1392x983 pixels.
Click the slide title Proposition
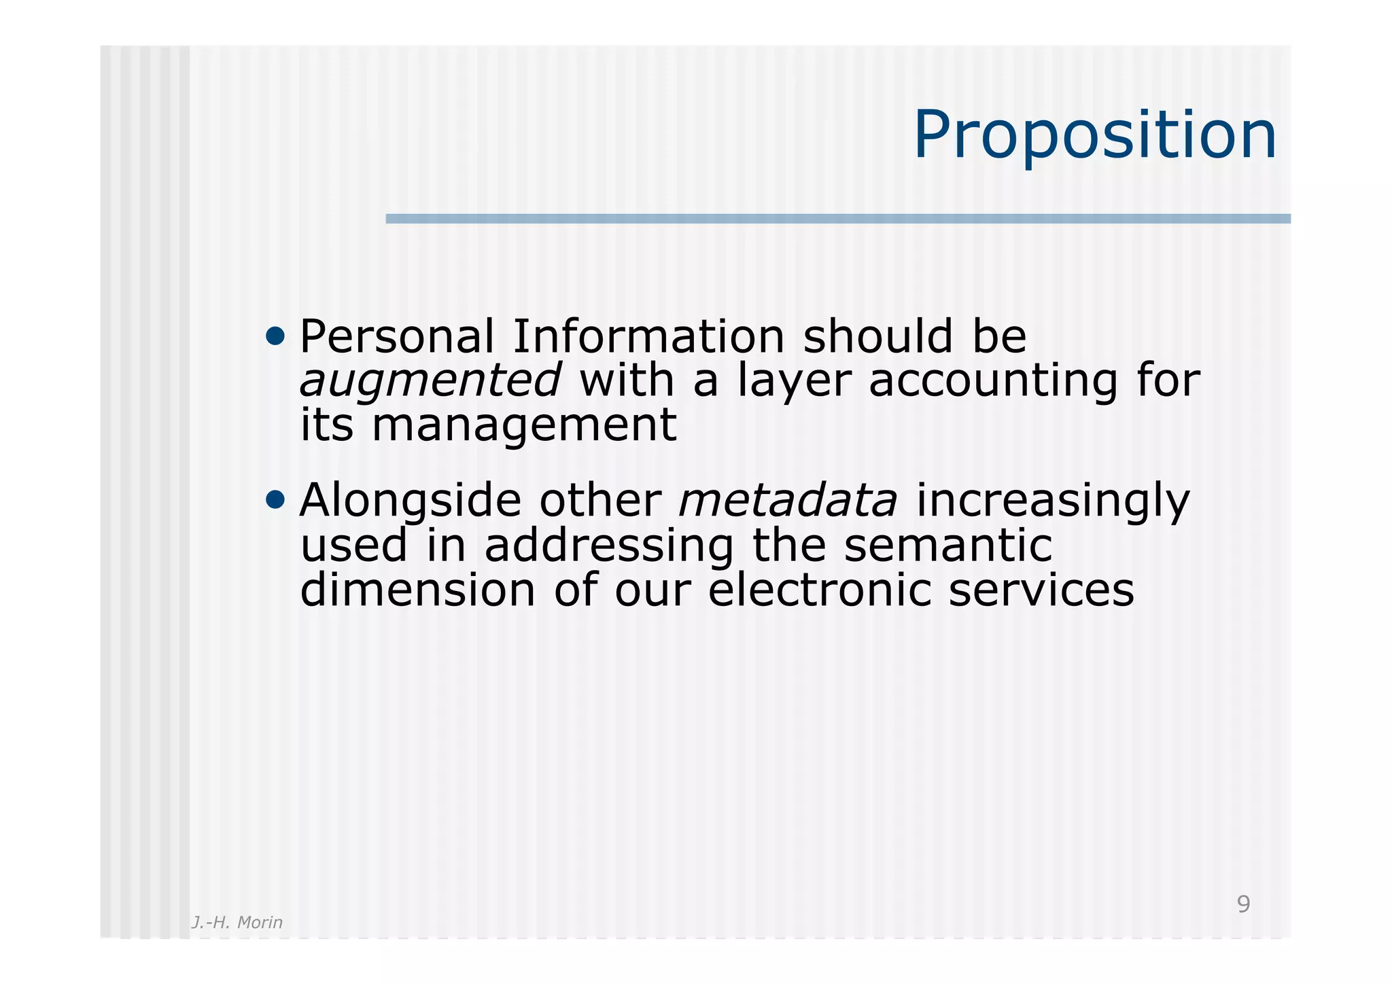(x=1094, y=136)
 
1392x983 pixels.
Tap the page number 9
(x=1243, y=904)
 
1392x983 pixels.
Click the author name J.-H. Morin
(x=237, y=923)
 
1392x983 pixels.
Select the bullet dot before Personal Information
(x=275, y=336)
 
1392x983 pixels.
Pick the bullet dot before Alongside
(x=275, y=500)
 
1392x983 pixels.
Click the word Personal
(x=397, y=337)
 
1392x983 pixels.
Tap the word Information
(x=648, y=337)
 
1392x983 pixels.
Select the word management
(x=524, y=427)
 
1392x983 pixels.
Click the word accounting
(x=993, y=382)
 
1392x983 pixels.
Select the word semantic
(x=948, y=546)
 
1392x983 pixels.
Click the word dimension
(x=417, y=590)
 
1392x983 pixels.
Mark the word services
(x=1041, y=590)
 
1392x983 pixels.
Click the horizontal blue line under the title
(x=837, y=219)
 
